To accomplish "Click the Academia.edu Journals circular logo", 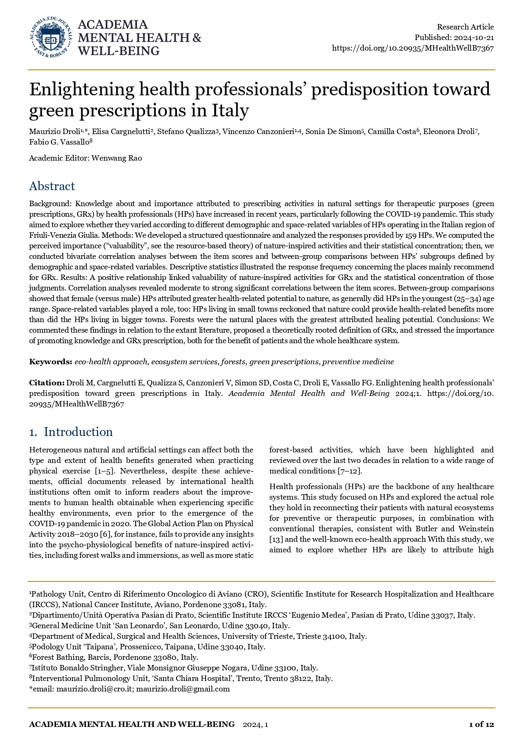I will tap(50, 38).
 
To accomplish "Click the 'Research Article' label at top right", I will tap(465, 27).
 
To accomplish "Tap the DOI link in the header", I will tap(413, 48).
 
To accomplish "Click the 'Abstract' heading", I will tap(52, 186).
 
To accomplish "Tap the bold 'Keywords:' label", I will tap(51, 362).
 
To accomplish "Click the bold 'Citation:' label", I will tap(47, 383).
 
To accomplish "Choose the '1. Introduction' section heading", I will tap(71, 432).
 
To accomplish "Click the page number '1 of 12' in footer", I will tap(481, 724).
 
